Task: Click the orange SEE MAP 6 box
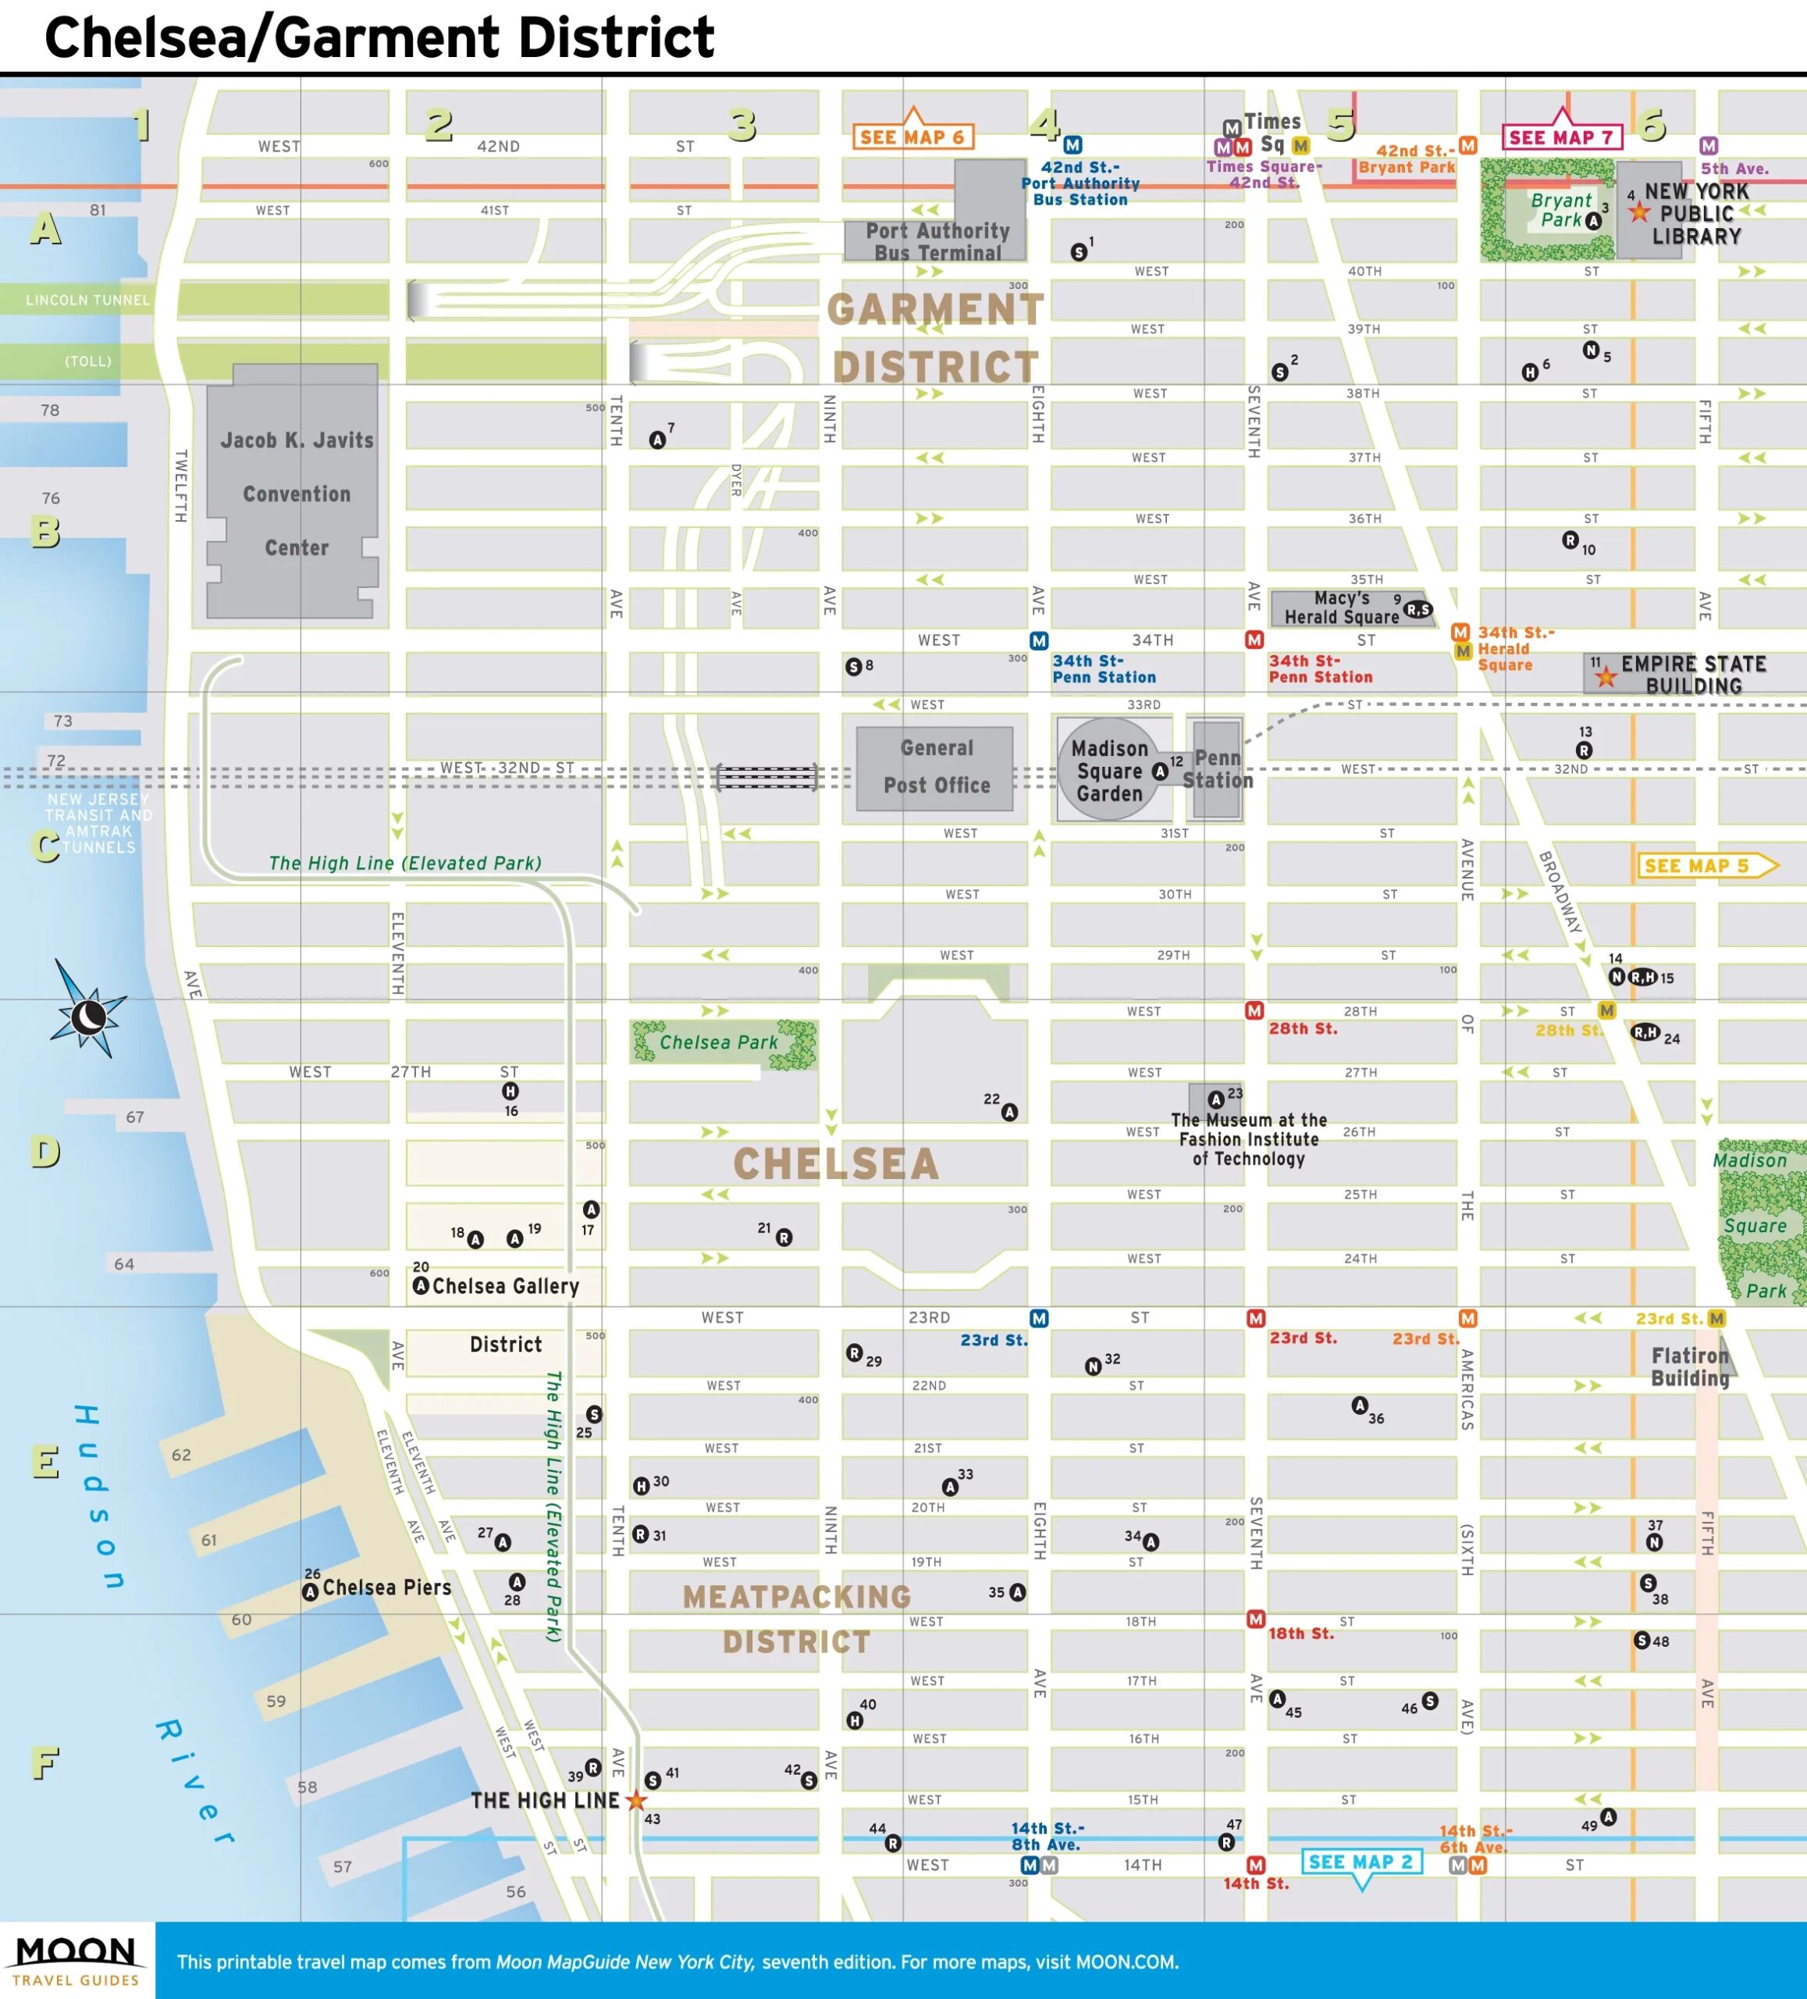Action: (x=912, y=137)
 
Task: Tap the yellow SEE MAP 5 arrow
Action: (x=1706, y=866)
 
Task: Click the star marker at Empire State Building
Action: (x=1606, y=677)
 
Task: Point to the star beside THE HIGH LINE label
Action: (x=636, y=1800)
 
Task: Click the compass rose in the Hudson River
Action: (x=88, y=1015)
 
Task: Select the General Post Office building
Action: (x=935, y=768)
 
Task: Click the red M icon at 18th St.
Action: (x=1255, y=1618)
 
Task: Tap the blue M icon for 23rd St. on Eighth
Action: (x=1038, y=1318)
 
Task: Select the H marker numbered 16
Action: (x=510, y=1091)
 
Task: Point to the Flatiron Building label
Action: (x=1689, y=1367)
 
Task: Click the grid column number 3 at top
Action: (x=742, y=126)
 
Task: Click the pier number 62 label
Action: (x=181, y=1455)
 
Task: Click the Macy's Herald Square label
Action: (x=1341, y=607)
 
